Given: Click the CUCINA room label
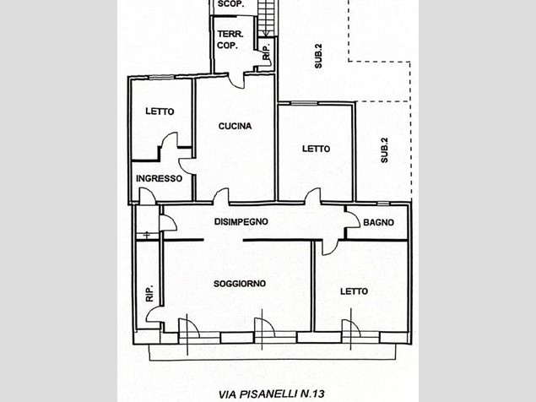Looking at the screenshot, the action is point(235,126).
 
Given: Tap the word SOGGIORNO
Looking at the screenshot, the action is point(240,284).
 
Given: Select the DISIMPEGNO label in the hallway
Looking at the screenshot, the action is point(241,222).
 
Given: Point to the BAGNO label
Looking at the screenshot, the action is point(378,222).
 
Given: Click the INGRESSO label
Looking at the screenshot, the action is point(159,178).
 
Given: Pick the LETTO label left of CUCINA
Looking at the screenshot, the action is point(160,111).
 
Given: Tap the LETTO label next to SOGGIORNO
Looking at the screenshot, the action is point(355,291).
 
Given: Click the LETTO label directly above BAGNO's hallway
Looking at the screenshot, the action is point(317,149).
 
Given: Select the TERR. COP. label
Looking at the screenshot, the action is point(230,40).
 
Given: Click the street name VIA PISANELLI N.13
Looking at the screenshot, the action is point(272,394).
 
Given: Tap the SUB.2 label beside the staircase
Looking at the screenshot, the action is point(318,56).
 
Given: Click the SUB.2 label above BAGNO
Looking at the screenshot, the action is point(385,149).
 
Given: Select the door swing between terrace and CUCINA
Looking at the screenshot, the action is point(236,82).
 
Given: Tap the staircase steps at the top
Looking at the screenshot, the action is point(266,17).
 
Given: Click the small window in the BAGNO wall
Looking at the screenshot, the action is point(383,204).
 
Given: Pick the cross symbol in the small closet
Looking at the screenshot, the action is point(147,235).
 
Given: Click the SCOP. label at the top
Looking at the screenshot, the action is point(230,4).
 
